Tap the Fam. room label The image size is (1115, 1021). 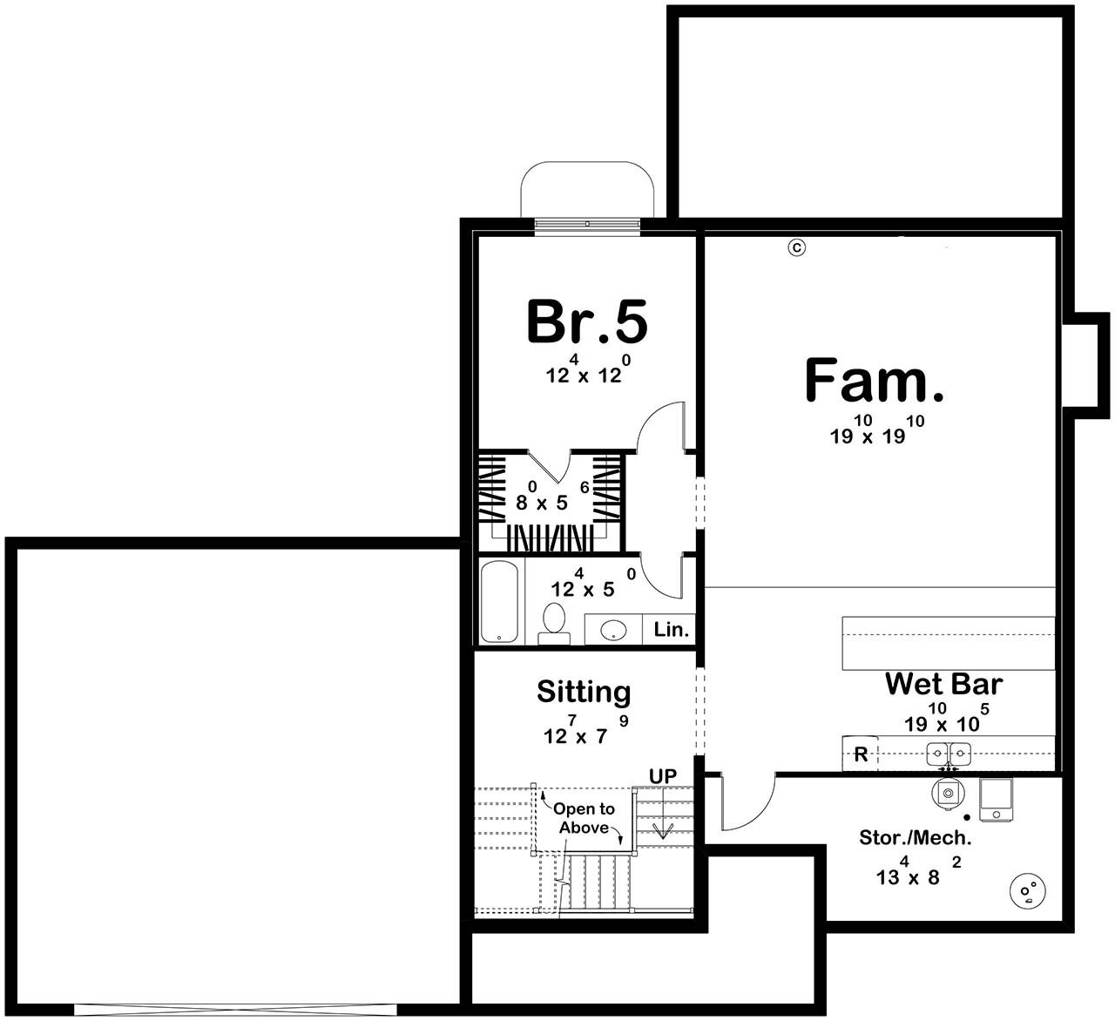point(874,382)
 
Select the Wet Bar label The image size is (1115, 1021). point(943,684)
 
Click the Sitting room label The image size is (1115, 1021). point(584,692)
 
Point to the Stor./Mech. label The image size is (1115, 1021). point(915,838)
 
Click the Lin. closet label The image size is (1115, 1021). point(672,629)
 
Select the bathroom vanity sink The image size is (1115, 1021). point(614,629)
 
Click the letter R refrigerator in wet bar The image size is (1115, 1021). point(861,754)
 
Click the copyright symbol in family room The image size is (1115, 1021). point(796,247)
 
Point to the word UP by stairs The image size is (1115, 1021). point(662,775)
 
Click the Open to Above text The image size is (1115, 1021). point(584,818)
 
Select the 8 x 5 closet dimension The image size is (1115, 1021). point(541,503)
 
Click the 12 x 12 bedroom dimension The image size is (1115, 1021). point(584,375)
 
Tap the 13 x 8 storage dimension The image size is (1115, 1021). point(908,876)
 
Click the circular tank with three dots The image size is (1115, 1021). point(1028,890)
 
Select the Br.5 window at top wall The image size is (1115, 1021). point(587,225)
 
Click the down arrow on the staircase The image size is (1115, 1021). point(663,828)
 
